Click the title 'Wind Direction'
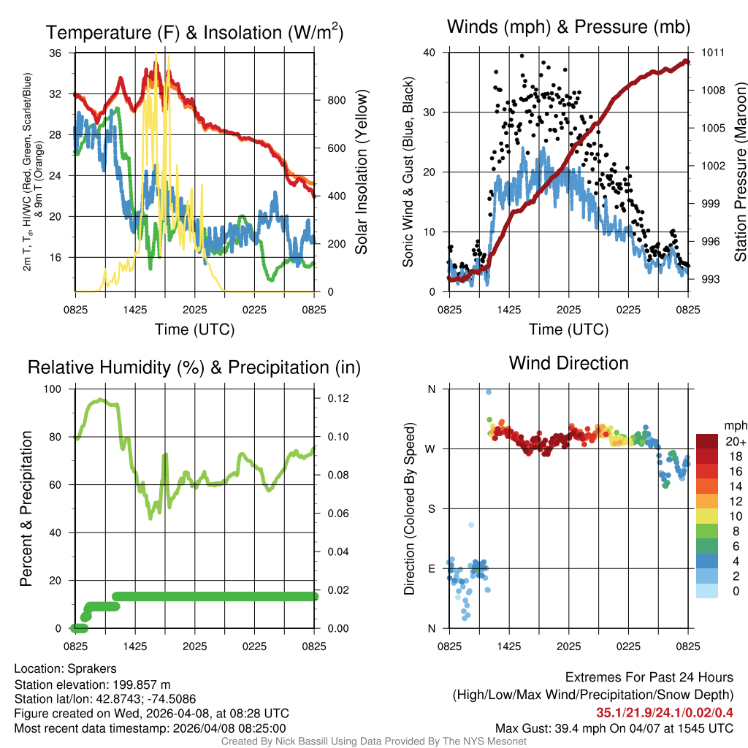[x=568, y=363]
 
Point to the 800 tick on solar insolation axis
[x=330, y=100]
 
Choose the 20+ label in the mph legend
[x=736, y=441]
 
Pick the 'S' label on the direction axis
[x=431, y=508]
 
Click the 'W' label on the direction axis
[x=431, y=449]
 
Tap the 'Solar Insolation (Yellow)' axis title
[x=361, y=172]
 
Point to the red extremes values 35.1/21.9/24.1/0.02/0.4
[x=665, y=712]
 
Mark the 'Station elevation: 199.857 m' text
[x=92, y=684]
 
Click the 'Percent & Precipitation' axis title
[x=26, y=508]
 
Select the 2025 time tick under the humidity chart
[x=195, y=646]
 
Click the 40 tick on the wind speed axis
[x=430, y=53]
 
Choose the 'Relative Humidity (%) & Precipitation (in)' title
[x=194, y=367]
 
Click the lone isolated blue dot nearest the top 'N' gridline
[x=489, y=392]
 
